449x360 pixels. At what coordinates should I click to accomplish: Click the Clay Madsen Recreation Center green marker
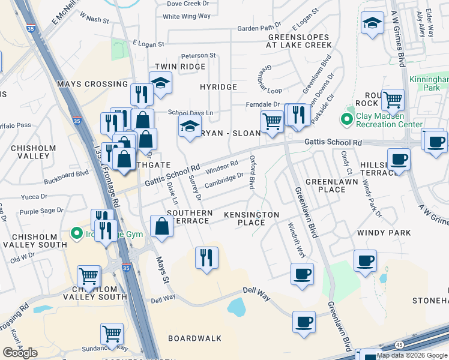click(346, 120)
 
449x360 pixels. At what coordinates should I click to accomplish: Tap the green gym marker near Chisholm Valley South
click(76, 233)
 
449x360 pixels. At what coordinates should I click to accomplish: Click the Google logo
click(20, 353)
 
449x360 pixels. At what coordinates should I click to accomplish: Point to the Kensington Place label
click(252, 218)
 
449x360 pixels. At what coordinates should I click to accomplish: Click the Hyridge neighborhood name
click(218, 87)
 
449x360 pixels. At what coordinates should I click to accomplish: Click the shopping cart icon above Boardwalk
click(112, 333)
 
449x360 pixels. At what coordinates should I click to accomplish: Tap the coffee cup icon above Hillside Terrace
click(399, 160)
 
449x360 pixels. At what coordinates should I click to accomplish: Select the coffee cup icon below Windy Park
click(365, 260)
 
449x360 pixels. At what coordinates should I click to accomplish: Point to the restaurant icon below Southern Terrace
click(206, 257)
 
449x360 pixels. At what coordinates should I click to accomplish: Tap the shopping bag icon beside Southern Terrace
click(161, 226)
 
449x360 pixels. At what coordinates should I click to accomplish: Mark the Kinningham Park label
click(429, 83)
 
